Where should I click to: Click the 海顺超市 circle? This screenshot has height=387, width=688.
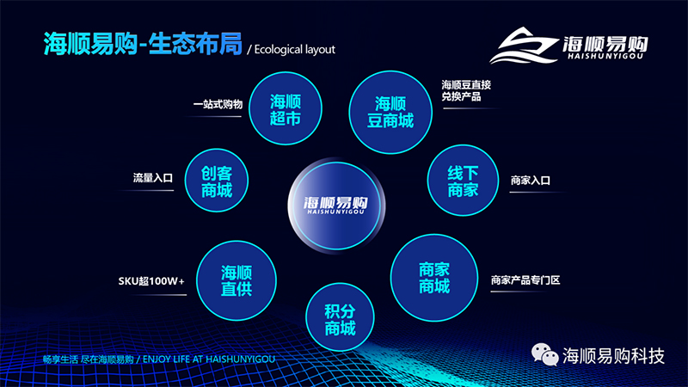pyautogui.click(x=286, y=108)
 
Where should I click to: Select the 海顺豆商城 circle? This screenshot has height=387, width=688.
pyautogui.click(x=390, y=113)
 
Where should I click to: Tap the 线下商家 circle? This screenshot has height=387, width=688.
pyautogui.click(x=463, y=181)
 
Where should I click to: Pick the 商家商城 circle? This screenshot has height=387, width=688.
pyautogui.click(x=434, y=278)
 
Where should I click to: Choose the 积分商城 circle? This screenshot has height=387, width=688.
pyautogui.click(x=340, y=317)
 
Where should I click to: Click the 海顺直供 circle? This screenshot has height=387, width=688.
pyautogui.click(x=236, y=280)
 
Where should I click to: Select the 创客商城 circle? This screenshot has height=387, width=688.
pyautogui.click(x=217, y=181)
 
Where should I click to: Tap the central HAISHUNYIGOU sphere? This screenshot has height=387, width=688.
pyautogui.click(x=336, y=206)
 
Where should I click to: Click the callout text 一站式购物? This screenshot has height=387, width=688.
pyautogui.click(x=218, y=104)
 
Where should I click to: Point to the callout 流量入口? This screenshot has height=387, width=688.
pyautogui.click(x=153, y=178)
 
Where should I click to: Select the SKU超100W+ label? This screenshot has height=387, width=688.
pyautogui.click(x=151, y=281)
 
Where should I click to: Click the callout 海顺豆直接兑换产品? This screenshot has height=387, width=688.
pyautogui.click(x=466, y=90)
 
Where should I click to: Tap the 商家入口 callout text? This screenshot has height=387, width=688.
pyautogui.click(x=530, y=181)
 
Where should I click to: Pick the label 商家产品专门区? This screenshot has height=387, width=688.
pyautogui.click(x=525, y=280)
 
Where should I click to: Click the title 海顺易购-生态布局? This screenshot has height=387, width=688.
pyautogui.click(x=143, y=44)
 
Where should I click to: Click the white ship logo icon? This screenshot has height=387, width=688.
pyautogui.click(x=524, y=46)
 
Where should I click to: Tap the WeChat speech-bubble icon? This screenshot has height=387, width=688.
pyautogui.click(x=544, y=354)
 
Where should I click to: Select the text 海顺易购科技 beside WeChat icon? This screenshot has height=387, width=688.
pyautogui.click(x=613, y=355)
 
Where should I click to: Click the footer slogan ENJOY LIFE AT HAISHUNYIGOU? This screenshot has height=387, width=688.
pyautogui.click(x=209, y=359)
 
